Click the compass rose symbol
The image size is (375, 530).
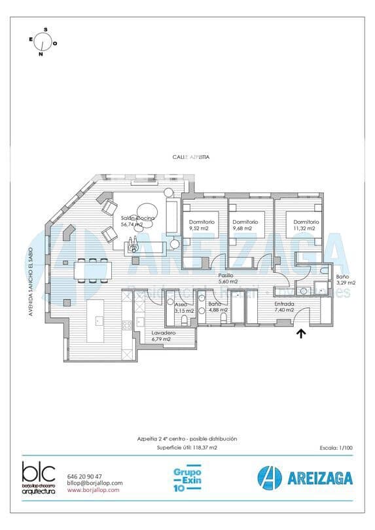(43, 42)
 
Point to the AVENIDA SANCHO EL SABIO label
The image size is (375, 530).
(30, 282)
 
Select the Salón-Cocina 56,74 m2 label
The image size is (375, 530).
(137, 221)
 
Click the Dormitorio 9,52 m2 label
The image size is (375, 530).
(198, 226)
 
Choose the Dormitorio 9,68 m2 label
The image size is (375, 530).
(245, 226)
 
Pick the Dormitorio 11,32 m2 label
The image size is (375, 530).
(306, 226)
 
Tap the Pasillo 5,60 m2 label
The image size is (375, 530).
(226, 279)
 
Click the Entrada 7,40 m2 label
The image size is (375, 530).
(284, 307)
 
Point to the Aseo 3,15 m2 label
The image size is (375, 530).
(183, 308)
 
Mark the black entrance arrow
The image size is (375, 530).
(301, 334)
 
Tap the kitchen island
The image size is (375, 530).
(99, 321)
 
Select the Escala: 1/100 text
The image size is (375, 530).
(336, 448)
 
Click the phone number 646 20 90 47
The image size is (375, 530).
(84, 476)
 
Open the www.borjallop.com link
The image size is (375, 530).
(93, 489)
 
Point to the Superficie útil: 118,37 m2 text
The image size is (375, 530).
(187, 448)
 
